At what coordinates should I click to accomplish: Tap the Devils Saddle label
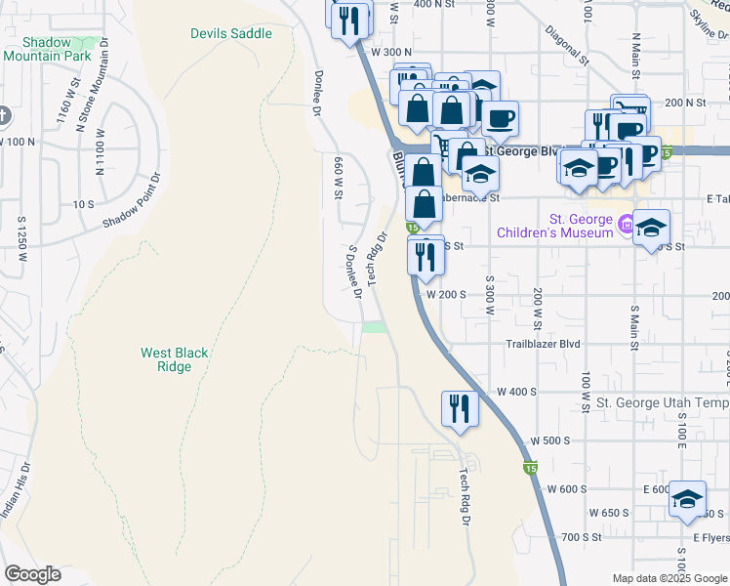coord(231,33)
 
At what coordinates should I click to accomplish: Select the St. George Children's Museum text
coord(554,226)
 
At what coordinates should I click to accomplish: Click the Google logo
coord(33,573)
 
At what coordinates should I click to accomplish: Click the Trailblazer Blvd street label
coord(543,344)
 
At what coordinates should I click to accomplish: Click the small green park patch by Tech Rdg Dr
coord(375,328)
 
